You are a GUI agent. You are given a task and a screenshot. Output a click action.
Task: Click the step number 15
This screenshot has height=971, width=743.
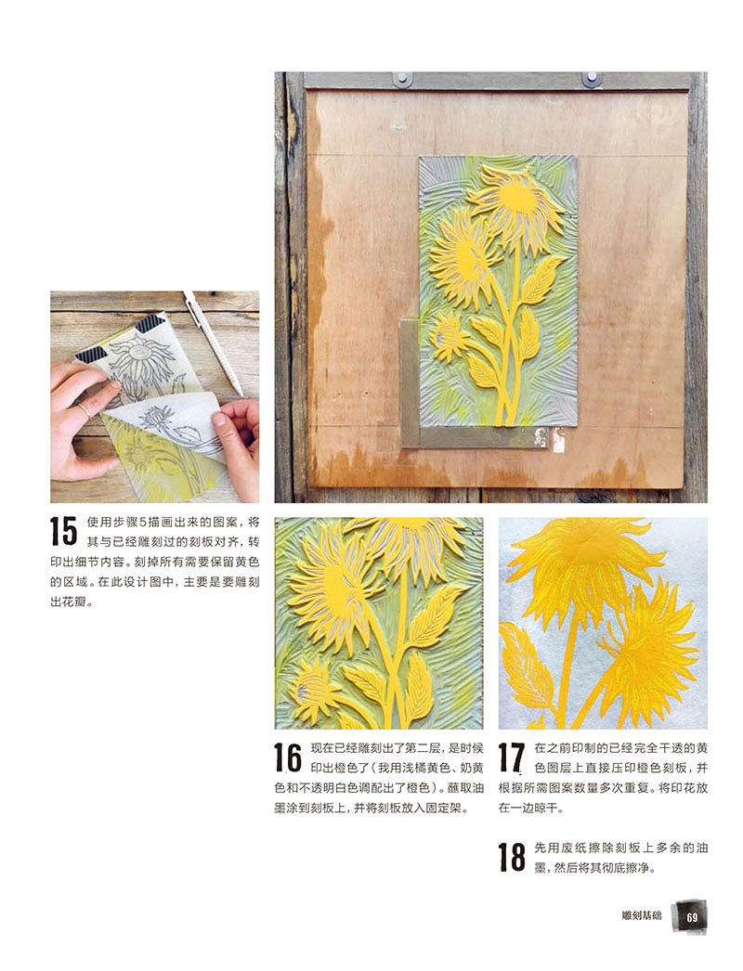coord(63,531)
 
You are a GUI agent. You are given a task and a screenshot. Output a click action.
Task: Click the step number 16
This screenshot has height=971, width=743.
coord(288,758)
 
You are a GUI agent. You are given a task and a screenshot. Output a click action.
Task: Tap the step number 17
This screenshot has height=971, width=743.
coord(511,758)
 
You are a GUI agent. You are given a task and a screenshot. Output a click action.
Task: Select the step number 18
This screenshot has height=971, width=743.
coord(512,857)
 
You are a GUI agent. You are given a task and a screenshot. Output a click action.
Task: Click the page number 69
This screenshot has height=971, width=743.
coord(692,916)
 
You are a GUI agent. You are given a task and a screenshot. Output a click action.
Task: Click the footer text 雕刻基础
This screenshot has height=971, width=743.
coord(642,915)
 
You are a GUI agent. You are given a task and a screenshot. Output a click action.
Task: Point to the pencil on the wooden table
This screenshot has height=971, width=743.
coord(213,343)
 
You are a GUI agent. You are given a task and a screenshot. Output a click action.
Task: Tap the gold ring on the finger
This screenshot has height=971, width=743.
coord(84,409)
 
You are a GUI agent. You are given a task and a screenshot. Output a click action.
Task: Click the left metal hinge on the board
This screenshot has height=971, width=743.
coord(401,79)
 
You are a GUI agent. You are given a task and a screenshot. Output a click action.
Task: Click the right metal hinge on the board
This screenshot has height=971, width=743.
coord(592,79)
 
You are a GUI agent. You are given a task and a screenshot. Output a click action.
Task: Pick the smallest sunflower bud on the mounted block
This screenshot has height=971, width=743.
coord(448,338)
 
